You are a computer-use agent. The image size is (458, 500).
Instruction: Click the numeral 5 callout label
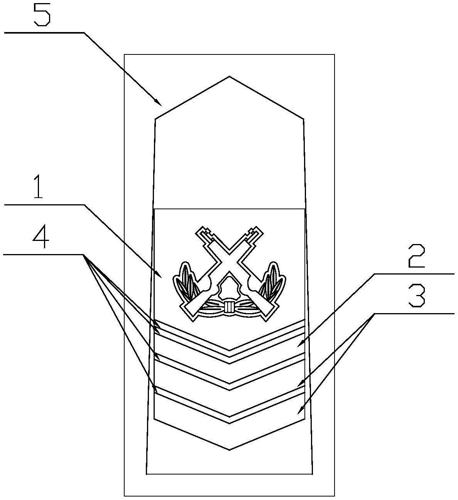[x=42, y=14]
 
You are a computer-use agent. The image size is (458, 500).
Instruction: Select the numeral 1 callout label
[x=38, y=186]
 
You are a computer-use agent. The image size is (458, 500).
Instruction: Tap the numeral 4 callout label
[x=41, y=237]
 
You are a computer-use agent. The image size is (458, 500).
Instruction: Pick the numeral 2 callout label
[x=416, y=256]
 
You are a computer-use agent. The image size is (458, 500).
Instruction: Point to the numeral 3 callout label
[x=417, y=295]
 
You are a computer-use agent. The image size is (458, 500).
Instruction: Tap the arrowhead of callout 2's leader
[x=300, y=344]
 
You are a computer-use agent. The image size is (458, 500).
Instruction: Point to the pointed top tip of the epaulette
[x=229, y=76]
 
